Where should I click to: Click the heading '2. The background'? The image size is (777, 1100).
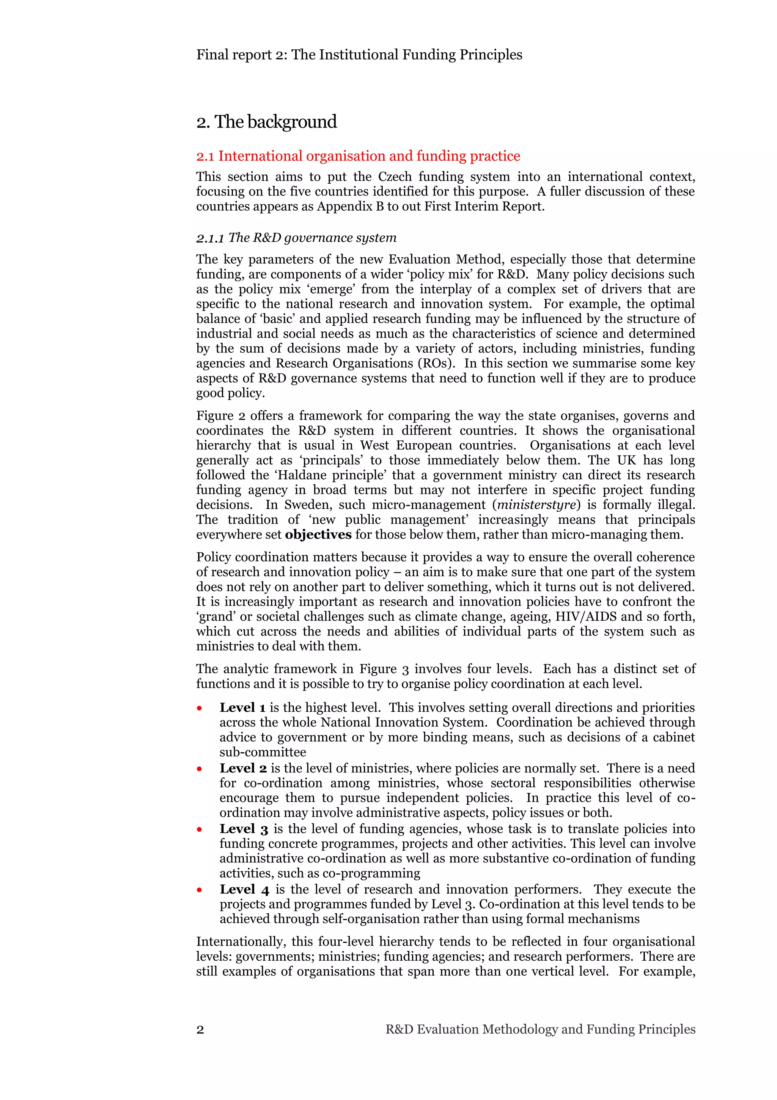click(266, 122)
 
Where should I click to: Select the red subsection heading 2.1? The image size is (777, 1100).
click(358, 156)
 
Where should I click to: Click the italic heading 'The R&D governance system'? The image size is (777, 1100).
click(296, 238)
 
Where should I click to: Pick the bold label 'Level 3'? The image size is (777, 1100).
click(243, 829)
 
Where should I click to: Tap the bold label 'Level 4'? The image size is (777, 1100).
click(244, 889)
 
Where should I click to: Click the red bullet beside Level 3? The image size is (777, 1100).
click(200, 830)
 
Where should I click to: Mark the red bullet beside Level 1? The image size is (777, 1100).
click(200, 709)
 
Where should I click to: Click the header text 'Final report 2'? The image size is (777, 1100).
click(241, 55)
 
